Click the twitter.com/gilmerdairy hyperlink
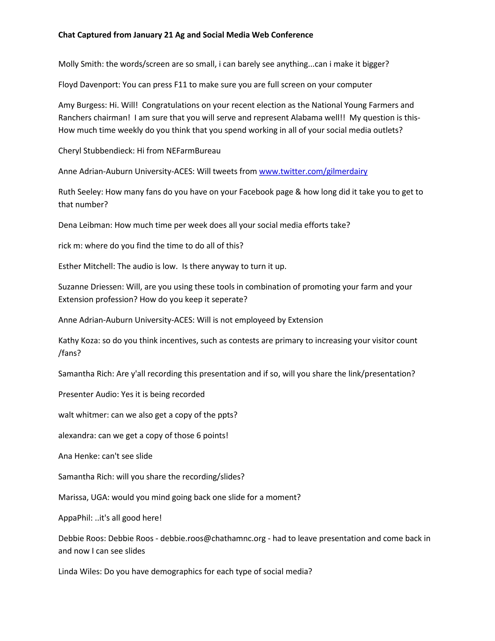[313, 171]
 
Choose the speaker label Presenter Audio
[88, 394]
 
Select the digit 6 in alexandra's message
[198, 436]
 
